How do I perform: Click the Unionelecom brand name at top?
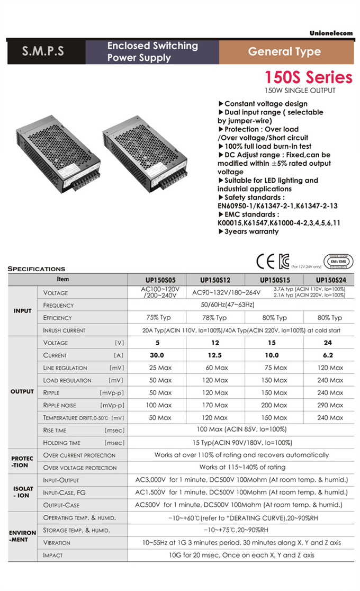point(331,33)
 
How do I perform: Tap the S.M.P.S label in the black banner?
point(43,52)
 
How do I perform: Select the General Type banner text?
point(284,52)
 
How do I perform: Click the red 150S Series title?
point(309,78)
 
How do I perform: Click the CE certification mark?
point(265,261)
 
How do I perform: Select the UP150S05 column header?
point(157,280)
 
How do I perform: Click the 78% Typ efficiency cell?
point(215,318)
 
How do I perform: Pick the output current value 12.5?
point(215,355)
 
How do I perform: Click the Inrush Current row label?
point(64,330)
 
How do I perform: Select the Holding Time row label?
point(62,443)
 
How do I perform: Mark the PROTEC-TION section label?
point(22,461)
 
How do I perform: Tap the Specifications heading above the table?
point(37,269)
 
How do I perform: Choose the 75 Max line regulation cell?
point(274,368)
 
